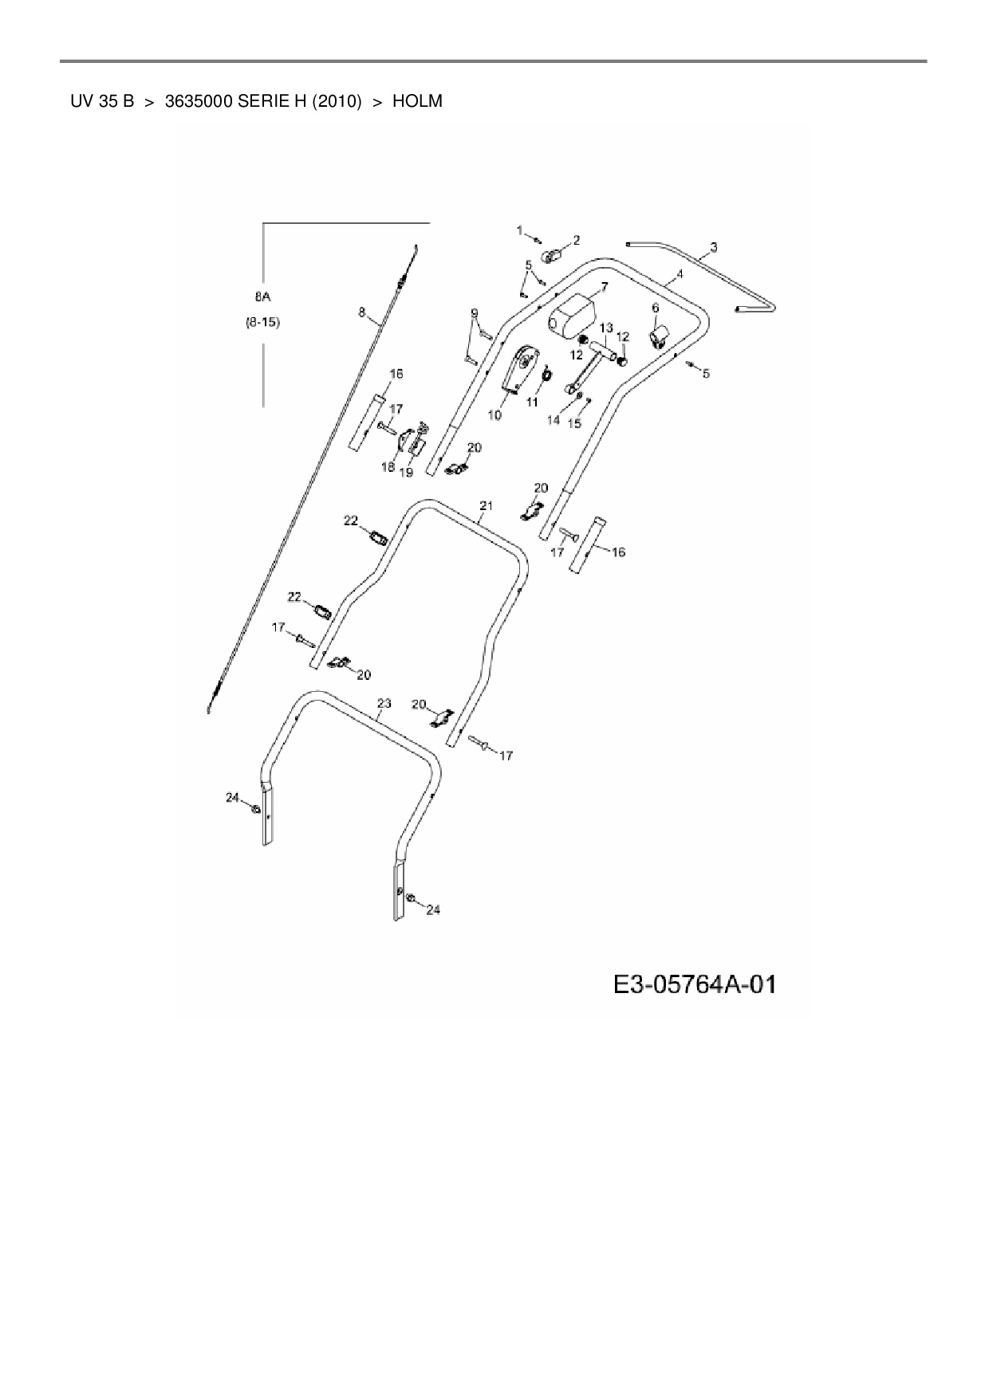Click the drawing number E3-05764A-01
(x=695, y=985)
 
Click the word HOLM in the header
(x=417, y=101)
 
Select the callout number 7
(x=604, y=286)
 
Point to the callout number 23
(x=384, y=703)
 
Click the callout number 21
(x=487, y=505)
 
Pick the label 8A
(x=262, y=297)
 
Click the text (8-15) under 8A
(x=262, y=324)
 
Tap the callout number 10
(x=494, y=415)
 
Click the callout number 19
(x=406, y=472)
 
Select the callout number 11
(x=532, y=403)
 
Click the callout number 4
(x=679, y=274)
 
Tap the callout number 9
(x=474, y=312)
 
